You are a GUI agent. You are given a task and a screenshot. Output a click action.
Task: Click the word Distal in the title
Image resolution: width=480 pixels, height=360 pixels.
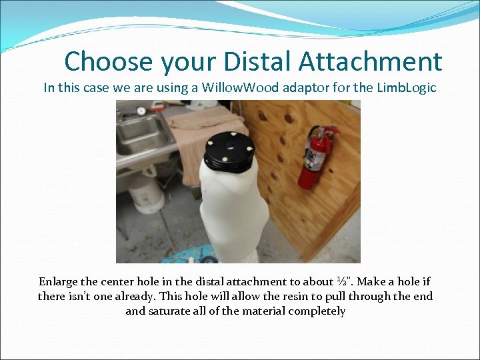point(255,61)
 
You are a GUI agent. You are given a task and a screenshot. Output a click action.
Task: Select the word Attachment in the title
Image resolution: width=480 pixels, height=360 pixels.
point(370,61)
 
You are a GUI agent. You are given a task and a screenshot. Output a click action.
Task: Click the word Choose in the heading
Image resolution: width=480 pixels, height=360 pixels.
point(108,62)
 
